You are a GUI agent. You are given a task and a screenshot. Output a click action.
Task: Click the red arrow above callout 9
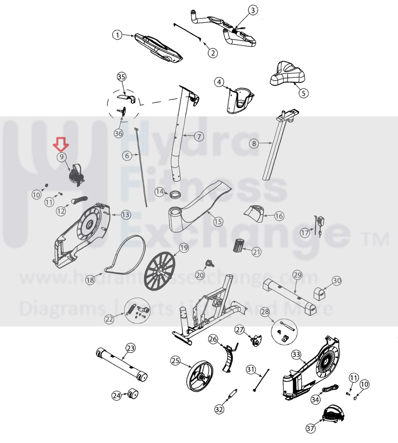click(61, 144)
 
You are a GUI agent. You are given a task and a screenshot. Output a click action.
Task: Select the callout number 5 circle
click(303, 93)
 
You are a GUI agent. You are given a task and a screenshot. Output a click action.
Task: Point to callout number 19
click(184, 248)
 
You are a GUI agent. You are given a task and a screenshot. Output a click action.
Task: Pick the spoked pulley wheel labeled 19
click(160, 271)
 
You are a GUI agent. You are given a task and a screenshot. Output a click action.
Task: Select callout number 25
click(176, 361)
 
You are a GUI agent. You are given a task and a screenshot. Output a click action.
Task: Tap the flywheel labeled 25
click(200, 376)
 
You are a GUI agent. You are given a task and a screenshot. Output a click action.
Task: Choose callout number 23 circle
click(131, 348)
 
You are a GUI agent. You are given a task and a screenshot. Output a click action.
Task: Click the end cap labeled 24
click(133, 394)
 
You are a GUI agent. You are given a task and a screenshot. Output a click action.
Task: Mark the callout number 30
click(337, 281)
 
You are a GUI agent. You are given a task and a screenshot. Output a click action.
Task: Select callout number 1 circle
click(117, 35)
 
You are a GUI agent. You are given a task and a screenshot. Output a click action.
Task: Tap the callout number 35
click(122, 77)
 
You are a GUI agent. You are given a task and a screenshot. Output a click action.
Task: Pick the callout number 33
click(296, 354)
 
